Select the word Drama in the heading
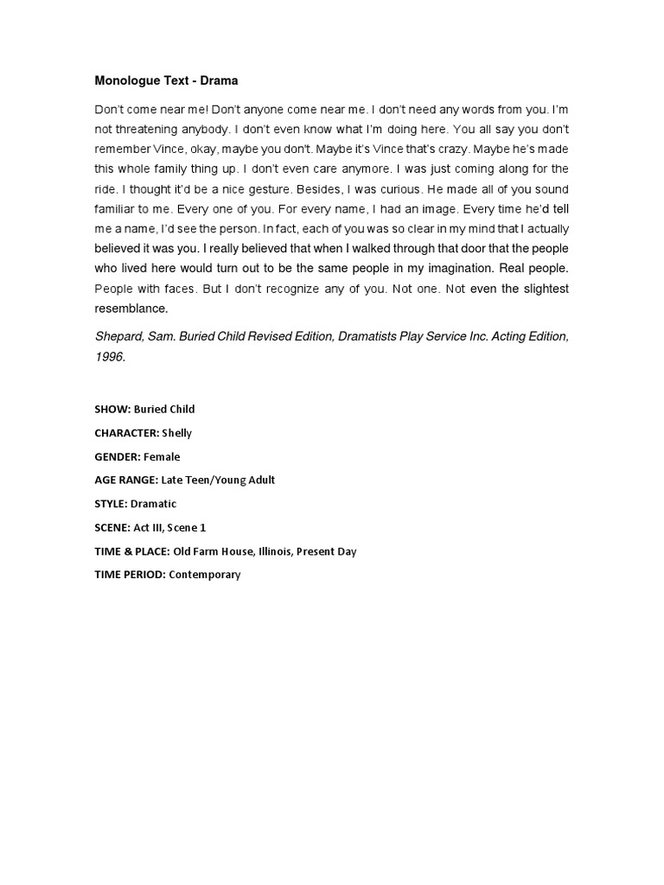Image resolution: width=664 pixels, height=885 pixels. tap(220, 81)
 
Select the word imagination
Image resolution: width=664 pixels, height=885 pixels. tap(454, 268)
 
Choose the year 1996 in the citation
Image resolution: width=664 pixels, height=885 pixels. tap(109, 355)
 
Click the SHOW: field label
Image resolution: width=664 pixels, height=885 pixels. tap(112, 409)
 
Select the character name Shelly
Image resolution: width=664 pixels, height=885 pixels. tap(176, 433)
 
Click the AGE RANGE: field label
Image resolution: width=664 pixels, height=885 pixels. tap(126, 480)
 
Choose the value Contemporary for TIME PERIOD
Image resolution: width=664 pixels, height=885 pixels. tap(204, 574)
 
